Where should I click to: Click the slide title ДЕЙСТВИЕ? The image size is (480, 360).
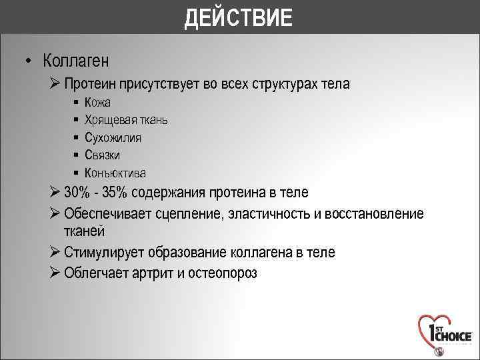coord(239,17)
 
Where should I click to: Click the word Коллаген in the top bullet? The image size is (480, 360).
coord(76,61)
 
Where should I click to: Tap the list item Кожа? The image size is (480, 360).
coord(97,103)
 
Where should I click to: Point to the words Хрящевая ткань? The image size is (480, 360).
coord(126,120)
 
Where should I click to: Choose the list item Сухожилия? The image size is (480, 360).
coord(113,138)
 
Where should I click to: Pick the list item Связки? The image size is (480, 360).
coord(102,155)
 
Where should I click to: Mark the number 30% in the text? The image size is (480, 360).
coord(78,193)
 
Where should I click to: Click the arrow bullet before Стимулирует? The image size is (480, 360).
coord(55,253)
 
